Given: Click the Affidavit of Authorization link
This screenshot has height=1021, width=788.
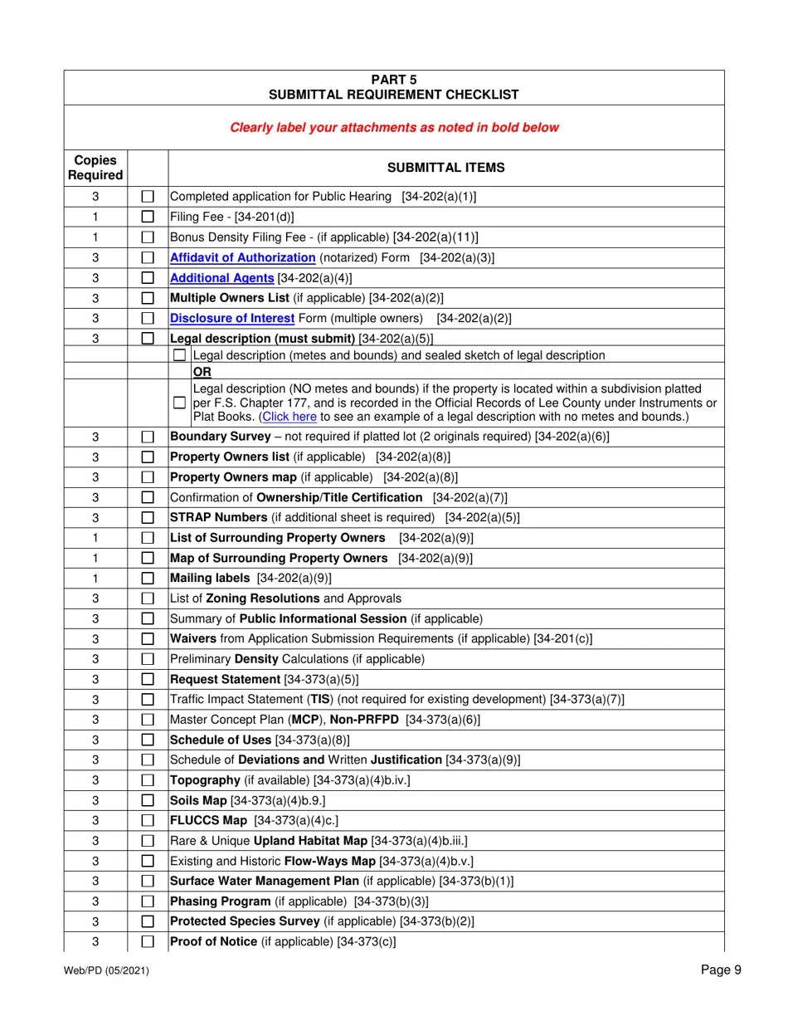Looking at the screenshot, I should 242,257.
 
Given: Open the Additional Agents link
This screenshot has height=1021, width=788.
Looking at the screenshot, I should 221,278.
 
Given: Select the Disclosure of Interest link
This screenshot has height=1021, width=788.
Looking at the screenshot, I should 231,318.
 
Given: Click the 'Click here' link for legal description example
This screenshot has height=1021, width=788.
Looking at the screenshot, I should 289,417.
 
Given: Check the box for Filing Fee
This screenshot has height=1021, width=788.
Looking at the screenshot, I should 148,217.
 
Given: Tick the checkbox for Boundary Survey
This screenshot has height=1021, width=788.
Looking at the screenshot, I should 148,437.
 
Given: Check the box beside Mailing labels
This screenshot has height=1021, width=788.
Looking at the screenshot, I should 148,578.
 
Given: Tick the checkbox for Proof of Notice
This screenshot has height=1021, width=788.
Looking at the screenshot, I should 148,941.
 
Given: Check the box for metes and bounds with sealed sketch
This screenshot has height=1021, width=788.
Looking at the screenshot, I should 179,355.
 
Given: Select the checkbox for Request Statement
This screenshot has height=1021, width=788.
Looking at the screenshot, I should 148,679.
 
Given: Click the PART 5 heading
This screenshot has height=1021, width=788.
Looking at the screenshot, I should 394,80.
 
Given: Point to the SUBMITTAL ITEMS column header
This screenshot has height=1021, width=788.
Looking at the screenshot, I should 445,168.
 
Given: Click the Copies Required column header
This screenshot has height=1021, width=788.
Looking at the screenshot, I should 95,168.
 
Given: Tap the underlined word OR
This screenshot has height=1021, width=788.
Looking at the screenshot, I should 202,372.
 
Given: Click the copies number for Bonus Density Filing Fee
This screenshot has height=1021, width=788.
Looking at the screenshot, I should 95,237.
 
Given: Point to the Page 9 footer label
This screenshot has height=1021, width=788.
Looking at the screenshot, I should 721,970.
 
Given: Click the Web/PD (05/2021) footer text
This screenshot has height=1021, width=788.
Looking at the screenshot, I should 106,970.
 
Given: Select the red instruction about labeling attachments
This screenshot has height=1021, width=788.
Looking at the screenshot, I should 394,127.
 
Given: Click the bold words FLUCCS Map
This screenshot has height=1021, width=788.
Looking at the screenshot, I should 208,820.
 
